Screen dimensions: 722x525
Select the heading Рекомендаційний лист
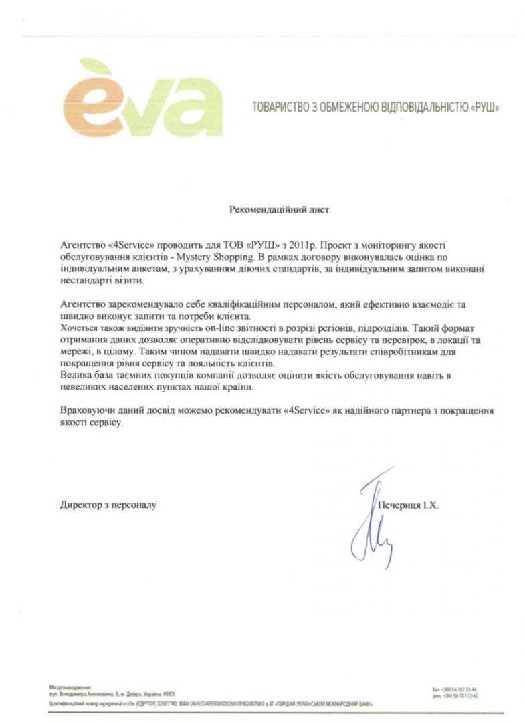(x=279, y=209)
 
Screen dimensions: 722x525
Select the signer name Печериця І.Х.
(x=408, y=506)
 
